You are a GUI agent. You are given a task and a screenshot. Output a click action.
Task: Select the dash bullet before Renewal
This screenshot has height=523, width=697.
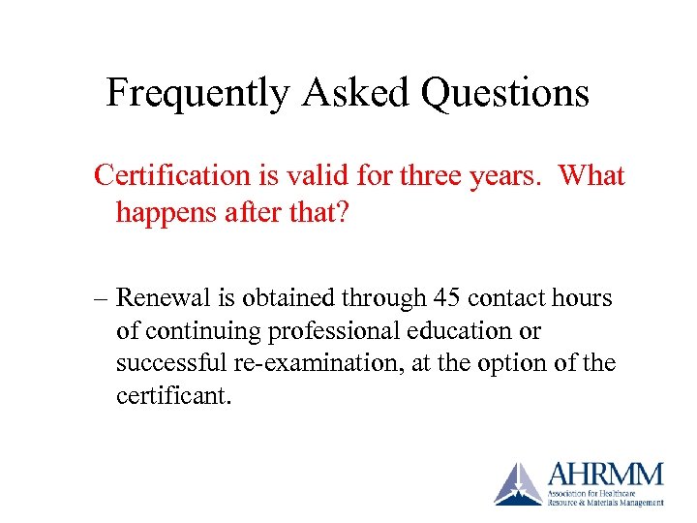click(101, 298)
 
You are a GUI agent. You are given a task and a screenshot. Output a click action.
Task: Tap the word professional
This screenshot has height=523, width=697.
click(328, 331)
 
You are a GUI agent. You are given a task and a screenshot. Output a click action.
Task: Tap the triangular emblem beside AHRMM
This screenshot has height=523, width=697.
click(519, 484)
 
